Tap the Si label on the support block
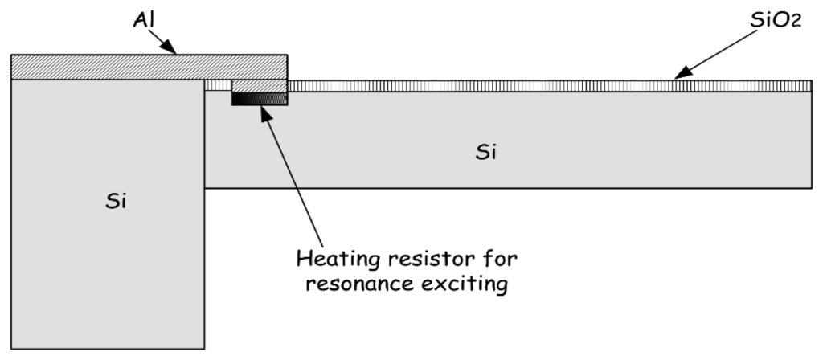pos(117,200)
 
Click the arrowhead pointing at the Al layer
pos(176,51)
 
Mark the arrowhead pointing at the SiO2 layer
pos(677,78)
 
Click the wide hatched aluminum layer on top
pos(149,67)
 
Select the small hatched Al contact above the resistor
pos(259,86)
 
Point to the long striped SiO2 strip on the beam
pos(547,86)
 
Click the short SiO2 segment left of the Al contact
pos(218,86)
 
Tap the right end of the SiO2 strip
pos(808,86)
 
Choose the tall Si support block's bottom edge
pos(108,347)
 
